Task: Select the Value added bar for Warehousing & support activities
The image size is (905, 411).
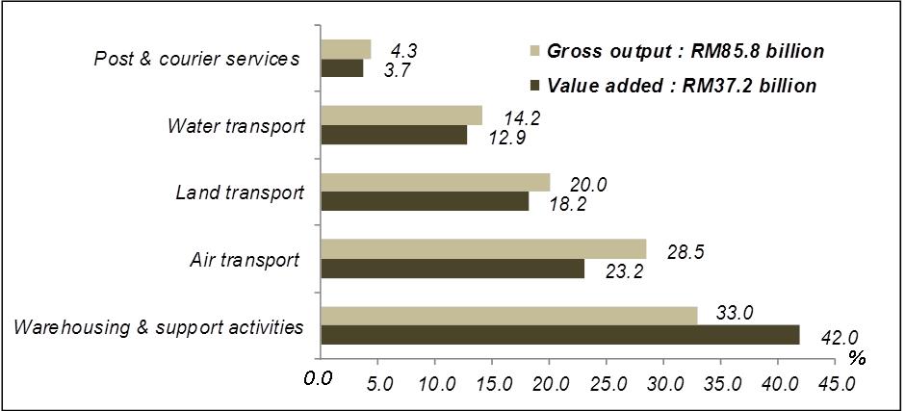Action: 560,335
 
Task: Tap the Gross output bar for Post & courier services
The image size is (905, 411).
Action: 345,49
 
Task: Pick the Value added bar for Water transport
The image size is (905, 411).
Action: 394,136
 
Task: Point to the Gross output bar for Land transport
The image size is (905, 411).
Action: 435,183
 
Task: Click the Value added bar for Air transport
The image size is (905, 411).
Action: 452,269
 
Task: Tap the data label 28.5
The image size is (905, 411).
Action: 685,251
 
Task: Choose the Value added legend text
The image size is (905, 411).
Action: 682,86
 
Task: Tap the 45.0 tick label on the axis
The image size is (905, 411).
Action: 835,382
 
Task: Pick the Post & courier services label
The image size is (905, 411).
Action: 196,59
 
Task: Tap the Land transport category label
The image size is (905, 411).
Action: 239,193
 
